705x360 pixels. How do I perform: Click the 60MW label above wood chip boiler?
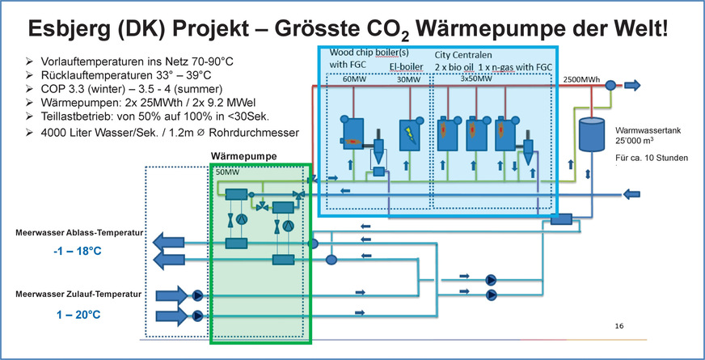click(x=354, y=79)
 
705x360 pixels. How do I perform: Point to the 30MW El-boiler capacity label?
click(x=409, y=79)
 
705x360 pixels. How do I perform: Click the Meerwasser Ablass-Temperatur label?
click(x=79, y=233)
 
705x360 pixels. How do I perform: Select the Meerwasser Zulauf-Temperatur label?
click(x=78, y=294)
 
